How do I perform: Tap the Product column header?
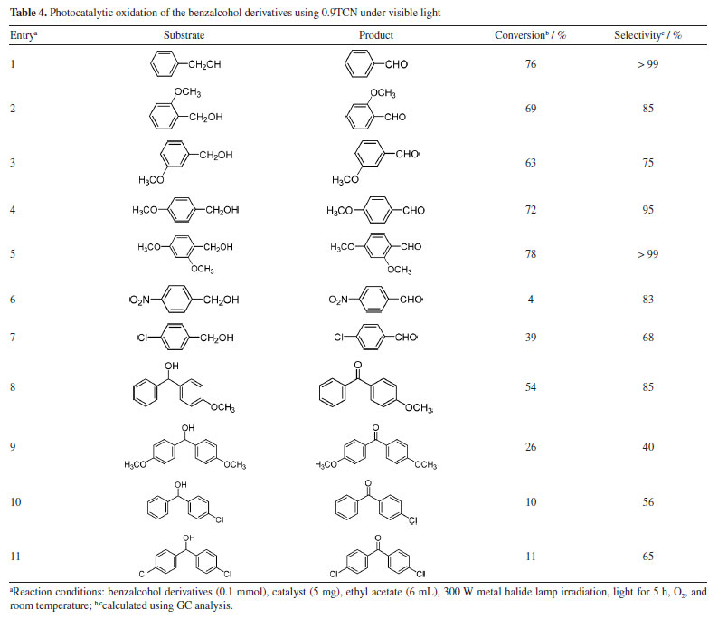pos(374,35)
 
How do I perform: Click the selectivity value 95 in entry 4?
pos(648,210)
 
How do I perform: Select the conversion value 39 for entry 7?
pos(531,336)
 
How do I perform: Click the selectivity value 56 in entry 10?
pos(648,502)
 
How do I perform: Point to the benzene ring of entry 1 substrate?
pos(162,66)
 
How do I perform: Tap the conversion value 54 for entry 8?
pos(531,386)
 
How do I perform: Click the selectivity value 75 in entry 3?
pos(648,163)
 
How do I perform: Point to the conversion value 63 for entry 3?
pos(531,163)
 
